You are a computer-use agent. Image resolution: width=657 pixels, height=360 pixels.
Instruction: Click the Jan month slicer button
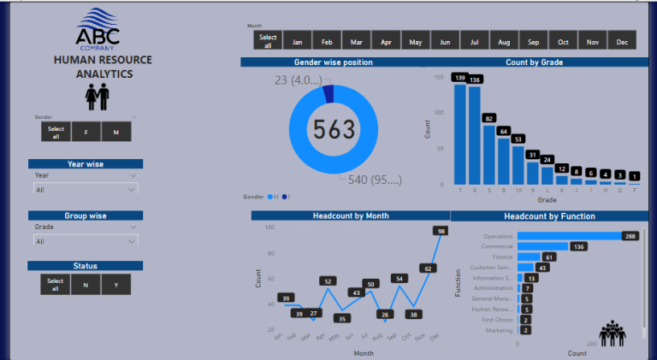pyautogui.click(x=297, y=40)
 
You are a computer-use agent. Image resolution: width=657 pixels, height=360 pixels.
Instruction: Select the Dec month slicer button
pyautogui.click(x=621, y=40)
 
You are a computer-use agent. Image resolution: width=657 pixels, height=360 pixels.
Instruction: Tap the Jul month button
pyautogui.click(x=473, y=40)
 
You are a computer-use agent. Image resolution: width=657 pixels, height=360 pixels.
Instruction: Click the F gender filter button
pyautogui.click(x=86, y=132)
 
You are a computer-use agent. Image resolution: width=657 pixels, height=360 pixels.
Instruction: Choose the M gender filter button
pyautogui.click(x=115, y=132)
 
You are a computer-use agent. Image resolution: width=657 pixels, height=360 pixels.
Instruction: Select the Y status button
pyautogui.click(x=115, y=285)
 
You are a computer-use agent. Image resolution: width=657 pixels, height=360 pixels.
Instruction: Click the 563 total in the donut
pyautogui.click(x=333, y=129)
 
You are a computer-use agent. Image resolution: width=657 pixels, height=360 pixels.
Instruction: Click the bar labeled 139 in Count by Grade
pyautogui.click(x=460, y=133)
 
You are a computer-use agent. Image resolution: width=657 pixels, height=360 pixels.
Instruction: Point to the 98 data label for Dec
pyautogui.click(x=441, y=231)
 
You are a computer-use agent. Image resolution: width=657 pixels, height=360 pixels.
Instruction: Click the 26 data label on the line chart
pyautogui.click(x=385, y=314)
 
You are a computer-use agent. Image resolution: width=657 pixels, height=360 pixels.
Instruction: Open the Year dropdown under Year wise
pyautogui.click(x=85, y=174)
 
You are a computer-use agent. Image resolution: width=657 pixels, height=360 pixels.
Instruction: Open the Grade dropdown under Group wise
pyautogui.click(x=85, y=227)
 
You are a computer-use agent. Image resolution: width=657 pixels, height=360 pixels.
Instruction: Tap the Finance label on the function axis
pyautogui.click(x=502, y=257)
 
